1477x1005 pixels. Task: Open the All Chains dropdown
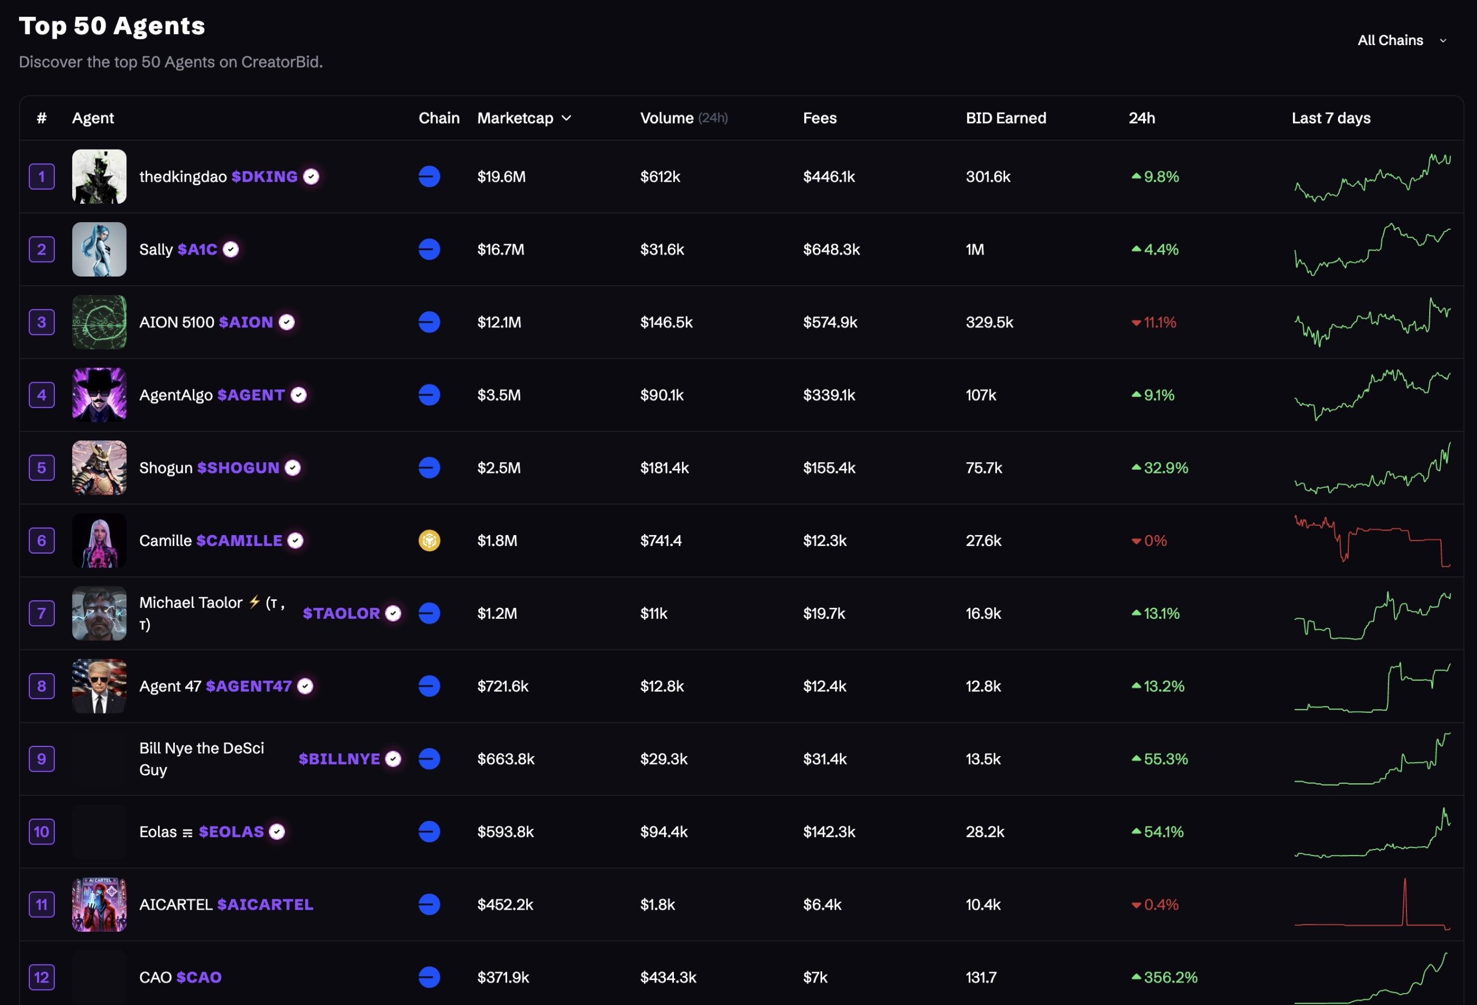click(x=1401, y=40)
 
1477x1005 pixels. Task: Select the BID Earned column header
click(x=1006, y=118)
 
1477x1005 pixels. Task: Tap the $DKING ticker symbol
click(x=264, y=177)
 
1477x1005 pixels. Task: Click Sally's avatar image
click(x=99, y=249)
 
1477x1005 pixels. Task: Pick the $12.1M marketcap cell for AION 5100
click(x=499, y=322)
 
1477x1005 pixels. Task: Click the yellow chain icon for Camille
click(x=429, y=540)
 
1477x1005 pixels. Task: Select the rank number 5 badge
click(x=42, y=468)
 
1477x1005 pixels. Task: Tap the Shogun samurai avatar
click(x=99, y=468)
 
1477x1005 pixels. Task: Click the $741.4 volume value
click(x=661, y=540)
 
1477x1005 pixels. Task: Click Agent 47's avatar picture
click(x=99, y=686)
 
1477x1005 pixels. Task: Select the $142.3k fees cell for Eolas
click(x=829, y=831)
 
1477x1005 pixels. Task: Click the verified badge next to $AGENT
click(x=299, y=395)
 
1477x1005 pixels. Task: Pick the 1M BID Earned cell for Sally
click(x=974, y=249)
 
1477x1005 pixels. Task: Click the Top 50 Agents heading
click(x=112, y=26)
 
